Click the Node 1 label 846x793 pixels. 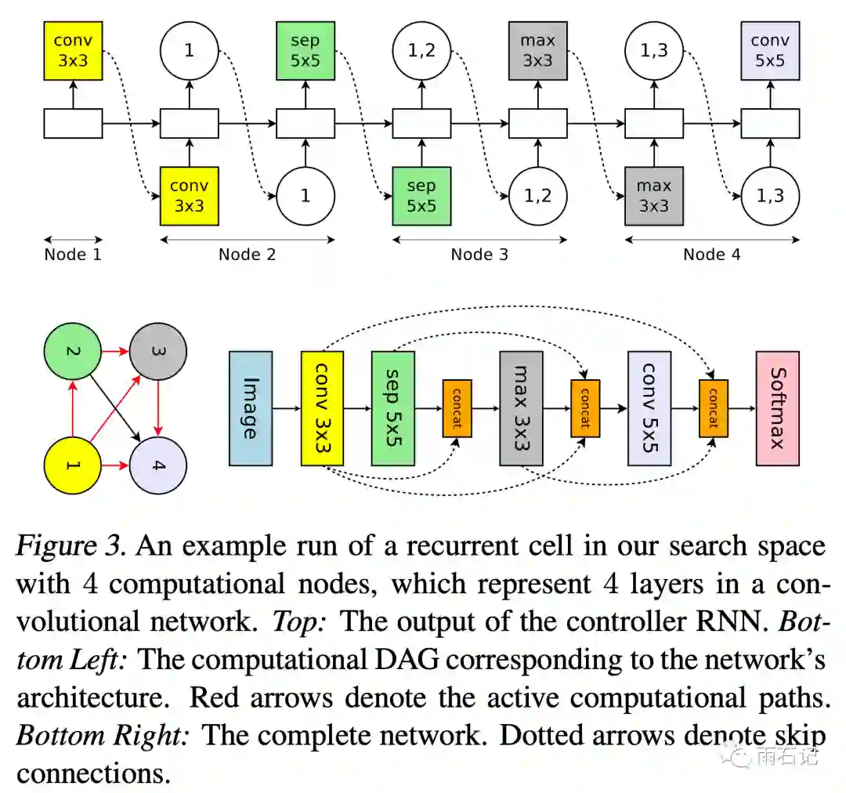point(73,254)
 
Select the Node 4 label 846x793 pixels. point(711,254)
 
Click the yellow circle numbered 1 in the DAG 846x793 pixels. point(73,466)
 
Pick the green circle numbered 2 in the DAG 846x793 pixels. point(73,352)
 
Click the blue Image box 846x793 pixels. point(251,408)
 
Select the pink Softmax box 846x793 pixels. point(777,408)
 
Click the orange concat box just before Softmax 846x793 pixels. point(713,408)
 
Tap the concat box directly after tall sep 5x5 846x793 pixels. point(457,408)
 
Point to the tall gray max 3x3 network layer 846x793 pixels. point(521,408)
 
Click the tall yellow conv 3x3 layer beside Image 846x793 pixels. point(323,408)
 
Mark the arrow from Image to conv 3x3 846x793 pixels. point(287,408)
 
